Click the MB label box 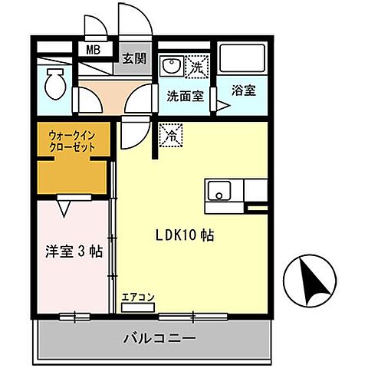click(93, 51)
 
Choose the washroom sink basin click(171, 67)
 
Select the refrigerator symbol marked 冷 click(169, 135)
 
